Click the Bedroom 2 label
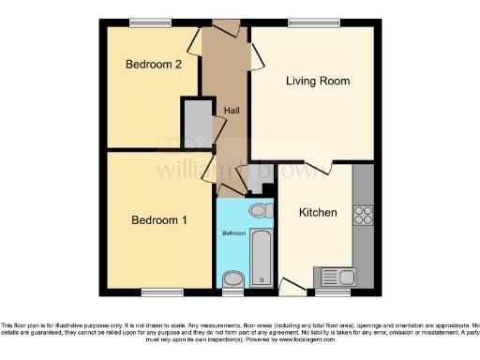point(152,65)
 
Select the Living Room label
point(317,82)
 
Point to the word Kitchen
point(317,213)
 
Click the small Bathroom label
point(233,232)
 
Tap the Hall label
point(230,111)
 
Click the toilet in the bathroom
point(262,212)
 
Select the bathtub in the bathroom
point(262,256)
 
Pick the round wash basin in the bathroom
point(232,277)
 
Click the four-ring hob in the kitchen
point(362,215)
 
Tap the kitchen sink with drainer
point(337,277)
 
